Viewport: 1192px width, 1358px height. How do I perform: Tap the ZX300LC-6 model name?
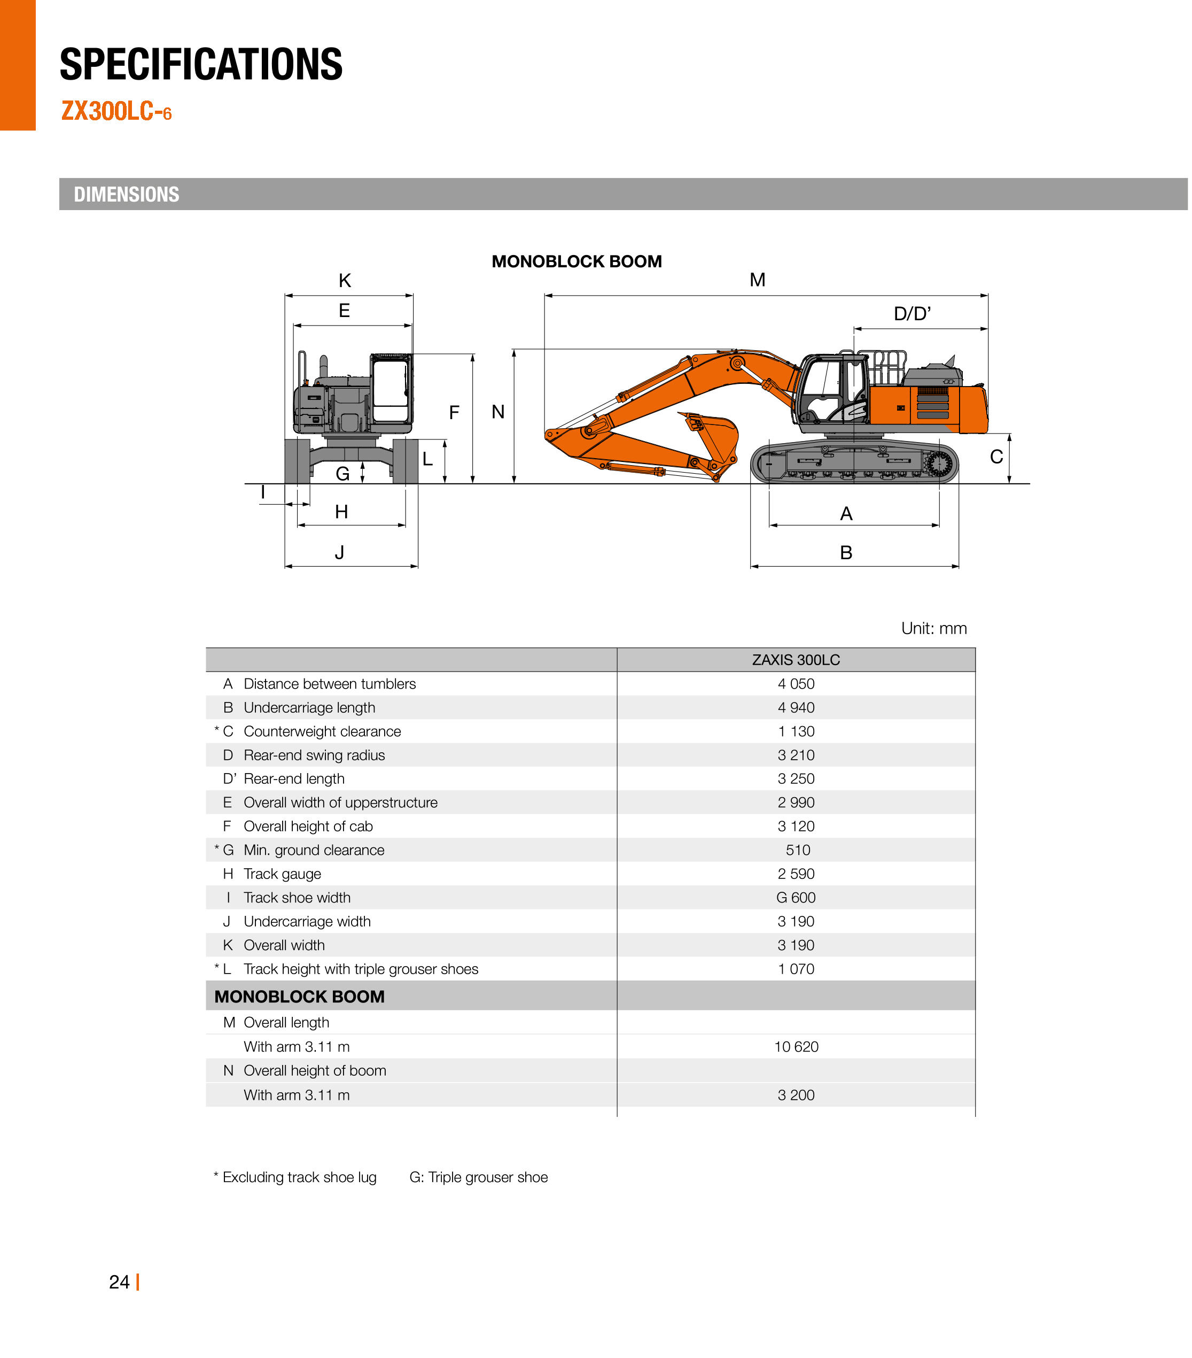click(x=116, y=111)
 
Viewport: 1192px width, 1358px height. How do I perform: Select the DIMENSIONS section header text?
click(x=126, y=195)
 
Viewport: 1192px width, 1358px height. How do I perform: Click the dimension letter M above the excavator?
click(x=757, y=280)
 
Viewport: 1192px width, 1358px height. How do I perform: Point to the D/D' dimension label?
click(x=911, y=314)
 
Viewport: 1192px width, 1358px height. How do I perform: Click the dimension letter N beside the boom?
click(x=497, y=412)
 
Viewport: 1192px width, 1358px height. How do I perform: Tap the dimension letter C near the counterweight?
click(x=995, y=457)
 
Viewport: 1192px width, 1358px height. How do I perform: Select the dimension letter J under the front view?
click(x=339, y=552)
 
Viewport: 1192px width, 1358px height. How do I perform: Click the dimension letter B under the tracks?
click(x=845, y=552)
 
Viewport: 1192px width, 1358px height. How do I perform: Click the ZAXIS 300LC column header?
click(x=796, y=660)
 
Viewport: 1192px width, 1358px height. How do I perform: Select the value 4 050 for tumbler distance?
click(x=796, y=684)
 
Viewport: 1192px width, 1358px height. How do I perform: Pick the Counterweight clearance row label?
click(x=322, y=731)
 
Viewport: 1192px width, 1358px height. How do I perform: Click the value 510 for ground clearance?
click(x=798, y=851)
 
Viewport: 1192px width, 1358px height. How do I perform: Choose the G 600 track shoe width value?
click(x=796, y=898)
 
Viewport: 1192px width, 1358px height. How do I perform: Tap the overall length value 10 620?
click(x=796, y=1047)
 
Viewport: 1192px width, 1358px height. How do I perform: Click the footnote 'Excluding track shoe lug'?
click(x=299, y=1177)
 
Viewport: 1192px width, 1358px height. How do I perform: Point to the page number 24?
click(x=119, y=1282)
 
